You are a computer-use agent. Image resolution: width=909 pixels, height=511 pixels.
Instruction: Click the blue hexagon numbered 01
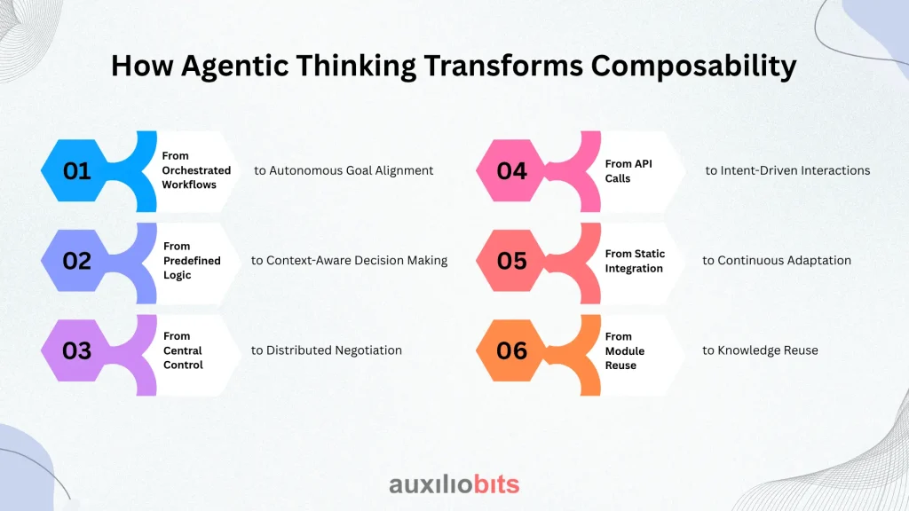tap(75, 170)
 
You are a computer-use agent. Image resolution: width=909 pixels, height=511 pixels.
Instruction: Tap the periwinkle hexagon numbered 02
tap(75, 261)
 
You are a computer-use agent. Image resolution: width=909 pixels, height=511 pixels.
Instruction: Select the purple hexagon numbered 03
tap(75, 350)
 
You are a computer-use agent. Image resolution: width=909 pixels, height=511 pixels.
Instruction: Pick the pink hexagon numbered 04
tap(510, 170)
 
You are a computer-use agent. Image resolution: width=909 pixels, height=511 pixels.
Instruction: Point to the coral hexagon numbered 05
tap(510, 261)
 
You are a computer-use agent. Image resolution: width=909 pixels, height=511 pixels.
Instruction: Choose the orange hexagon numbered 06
tap(510, 350)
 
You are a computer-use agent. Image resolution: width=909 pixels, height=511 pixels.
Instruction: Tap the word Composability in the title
tap(694, 66)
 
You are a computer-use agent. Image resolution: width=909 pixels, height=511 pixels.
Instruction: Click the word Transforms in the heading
tap(503, 65)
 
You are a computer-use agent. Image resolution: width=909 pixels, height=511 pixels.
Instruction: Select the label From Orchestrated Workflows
tap(196, 170)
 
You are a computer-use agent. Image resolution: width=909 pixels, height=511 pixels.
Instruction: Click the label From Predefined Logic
tap(192, 261)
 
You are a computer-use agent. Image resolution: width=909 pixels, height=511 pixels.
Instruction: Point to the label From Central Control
tap(183, 350)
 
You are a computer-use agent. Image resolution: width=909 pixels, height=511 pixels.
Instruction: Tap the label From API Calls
tap(628, 171)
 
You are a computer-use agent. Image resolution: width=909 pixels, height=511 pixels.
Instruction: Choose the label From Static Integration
tap(635, 261)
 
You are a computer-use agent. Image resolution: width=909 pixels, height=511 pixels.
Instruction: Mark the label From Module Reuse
tap(624, 351)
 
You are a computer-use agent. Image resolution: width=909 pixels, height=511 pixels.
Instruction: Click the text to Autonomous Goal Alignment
tap(344, 170)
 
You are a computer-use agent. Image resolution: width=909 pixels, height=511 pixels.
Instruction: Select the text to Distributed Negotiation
tap(327, 350)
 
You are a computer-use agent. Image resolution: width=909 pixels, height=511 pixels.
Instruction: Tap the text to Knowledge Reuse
tap(760, 350)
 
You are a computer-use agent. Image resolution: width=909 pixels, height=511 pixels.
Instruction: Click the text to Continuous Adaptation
tap(777, 261)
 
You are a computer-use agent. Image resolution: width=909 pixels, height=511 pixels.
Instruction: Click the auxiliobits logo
tap(454, 484)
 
